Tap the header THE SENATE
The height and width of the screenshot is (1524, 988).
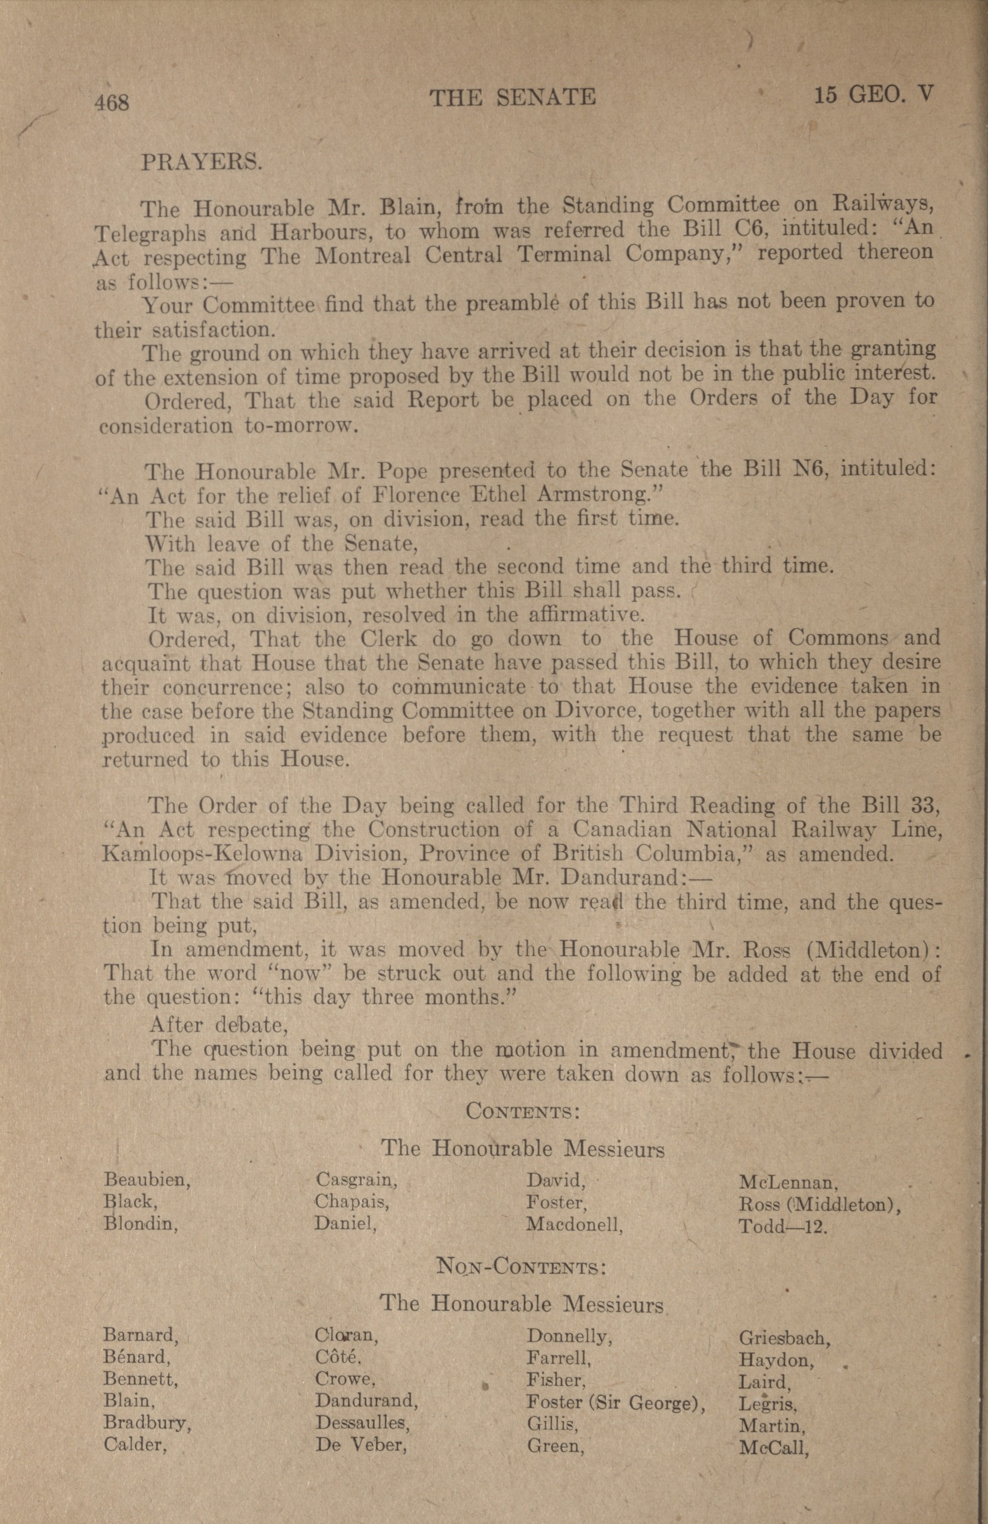point(513,97)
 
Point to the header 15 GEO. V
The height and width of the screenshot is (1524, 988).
point(873,96)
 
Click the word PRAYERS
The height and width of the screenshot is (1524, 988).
point(200,162)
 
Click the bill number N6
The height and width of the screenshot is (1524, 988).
point(809,471)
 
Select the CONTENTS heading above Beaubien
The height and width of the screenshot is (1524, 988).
point(523,1110)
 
